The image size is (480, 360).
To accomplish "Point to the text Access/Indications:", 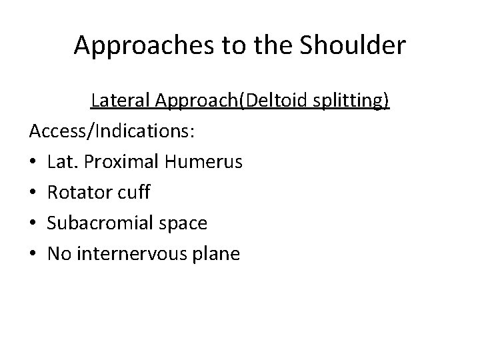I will [111, 131].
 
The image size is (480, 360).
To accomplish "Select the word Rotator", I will [74, 193].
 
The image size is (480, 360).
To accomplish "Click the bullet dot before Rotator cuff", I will [33, 193].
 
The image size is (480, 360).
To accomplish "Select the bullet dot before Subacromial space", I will [33, 224].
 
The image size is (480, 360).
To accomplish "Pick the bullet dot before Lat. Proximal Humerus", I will [33, 163].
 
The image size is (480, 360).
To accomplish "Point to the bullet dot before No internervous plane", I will [33, 255].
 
